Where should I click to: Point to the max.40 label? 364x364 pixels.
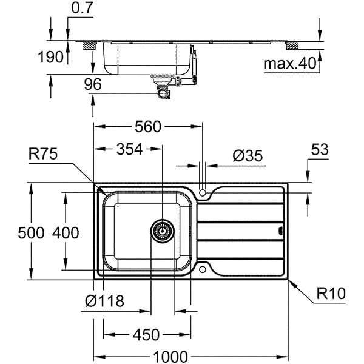[289, 63]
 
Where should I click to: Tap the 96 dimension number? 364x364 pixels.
[92, 85]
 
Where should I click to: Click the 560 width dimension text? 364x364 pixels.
[147, 127]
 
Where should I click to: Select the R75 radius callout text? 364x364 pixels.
[42, 155]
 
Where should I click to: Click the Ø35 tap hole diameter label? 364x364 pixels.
[248, 156]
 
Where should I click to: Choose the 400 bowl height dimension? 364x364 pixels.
[66, 232]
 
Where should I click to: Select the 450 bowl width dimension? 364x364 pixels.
[146, 334]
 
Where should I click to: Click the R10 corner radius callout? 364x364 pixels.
[331, 294]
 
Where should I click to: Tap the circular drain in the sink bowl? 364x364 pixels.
[162, 231]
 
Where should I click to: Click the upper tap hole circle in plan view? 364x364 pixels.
[203, 193]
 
